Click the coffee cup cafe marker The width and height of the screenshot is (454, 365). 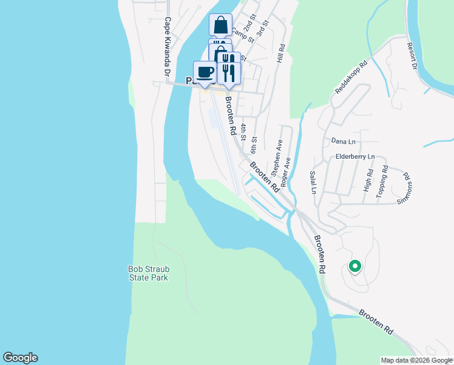[205, 72]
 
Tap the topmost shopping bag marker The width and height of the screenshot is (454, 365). [220, 25]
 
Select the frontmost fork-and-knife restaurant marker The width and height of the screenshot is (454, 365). [229, 73]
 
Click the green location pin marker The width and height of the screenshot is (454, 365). [354, 266]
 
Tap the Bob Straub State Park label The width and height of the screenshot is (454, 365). [148, 273]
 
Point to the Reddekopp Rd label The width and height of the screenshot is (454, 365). [351, 76]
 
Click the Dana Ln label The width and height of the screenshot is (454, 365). [343, 141]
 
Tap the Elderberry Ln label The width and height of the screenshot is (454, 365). [356, 156]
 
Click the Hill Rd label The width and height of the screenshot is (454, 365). [281, 54]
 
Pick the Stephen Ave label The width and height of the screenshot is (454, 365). [277, 156]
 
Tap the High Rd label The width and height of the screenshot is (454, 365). [367, 181]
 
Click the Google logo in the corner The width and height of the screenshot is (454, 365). [20, 358]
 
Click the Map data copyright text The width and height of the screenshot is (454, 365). [416, 361]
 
